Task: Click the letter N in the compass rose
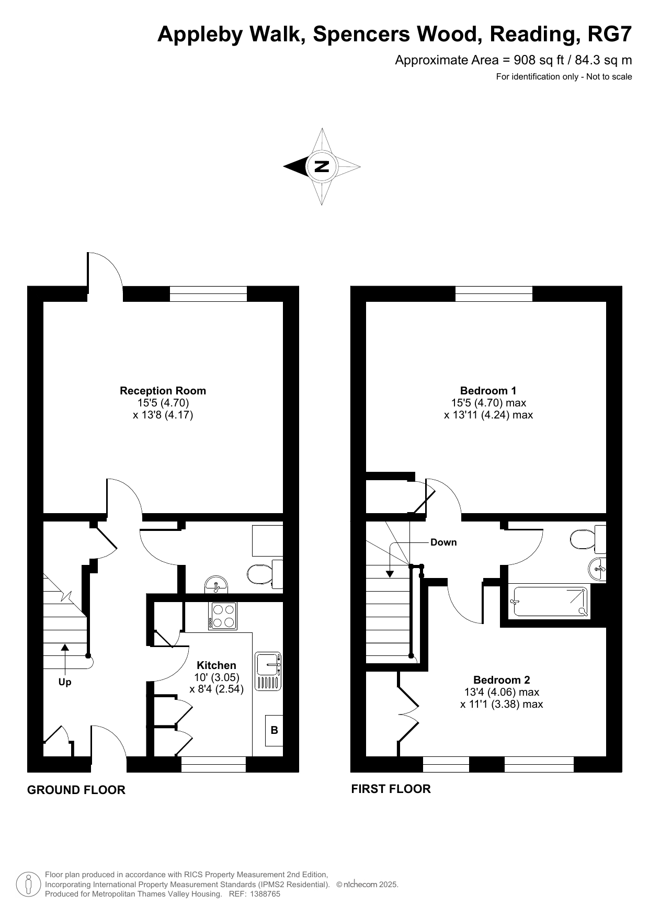322,167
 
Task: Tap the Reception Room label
163,391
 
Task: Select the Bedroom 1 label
488,391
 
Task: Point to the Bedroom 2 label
502,680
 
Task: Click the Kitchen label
217,665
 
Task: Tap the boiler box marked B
274,730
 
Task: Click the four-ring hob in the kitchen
223,616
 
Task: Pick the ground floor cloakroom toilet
265,574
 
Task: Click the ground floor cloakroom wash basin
216,584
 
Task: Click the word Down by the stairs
443,542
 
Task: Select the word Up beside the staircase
65,682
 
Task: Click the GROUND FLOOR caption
76,790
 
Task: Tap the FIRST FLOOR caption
391,789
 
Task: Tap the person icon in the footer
29,884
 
